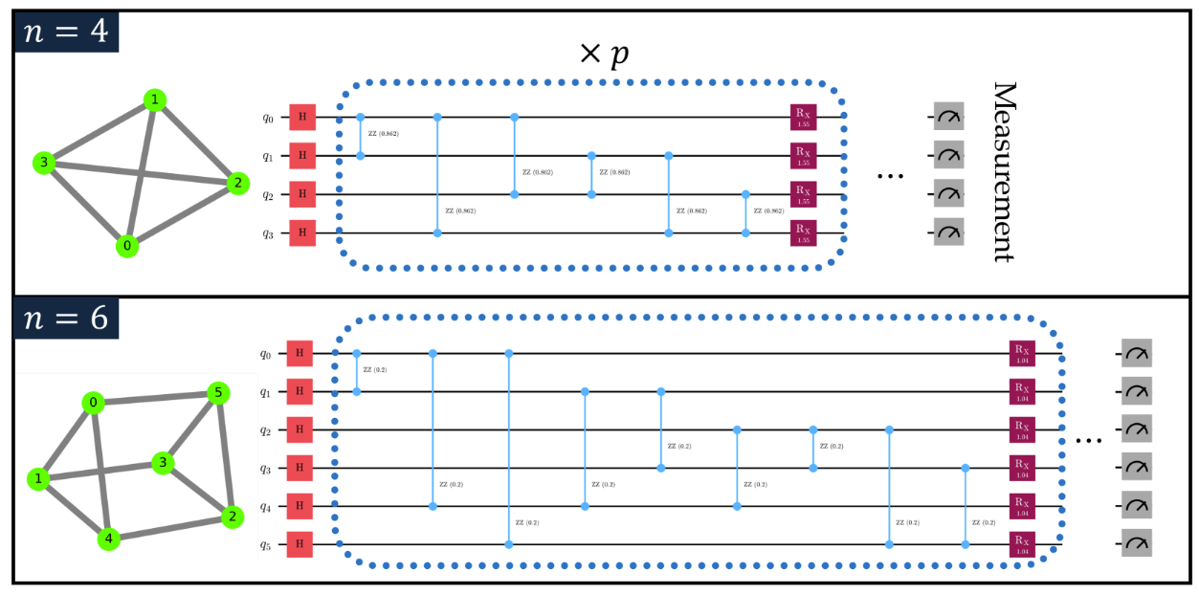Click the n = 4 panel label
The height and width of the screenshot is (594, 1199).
click(x=66, y=32)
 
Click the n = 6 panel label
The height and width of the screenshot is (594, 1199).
click(x=66, y=318)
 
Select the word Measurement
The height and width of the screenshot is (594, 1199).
click(x=1002, y=171)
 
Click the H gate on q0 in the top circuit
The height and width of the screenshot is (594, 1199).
click(x=302, y=118)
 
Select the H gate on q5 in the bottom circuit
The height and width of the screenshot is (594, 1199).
click(x=300, y=544)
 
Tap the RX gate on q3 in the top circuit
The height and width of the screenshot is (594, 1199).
click(x=802, y=232)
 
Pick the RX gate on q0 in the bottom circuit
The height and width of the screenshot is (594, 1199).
click(x=1022, y=354)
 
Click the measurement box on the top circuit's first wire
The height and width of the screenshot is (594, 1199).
click(x=948, y=118)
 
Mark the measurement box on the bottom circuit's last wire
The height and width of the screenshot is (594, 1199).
click(x=1138, y=544)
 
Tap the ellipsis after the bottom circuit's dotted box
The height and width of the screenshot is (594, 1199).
click(x=1089, y=442)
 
